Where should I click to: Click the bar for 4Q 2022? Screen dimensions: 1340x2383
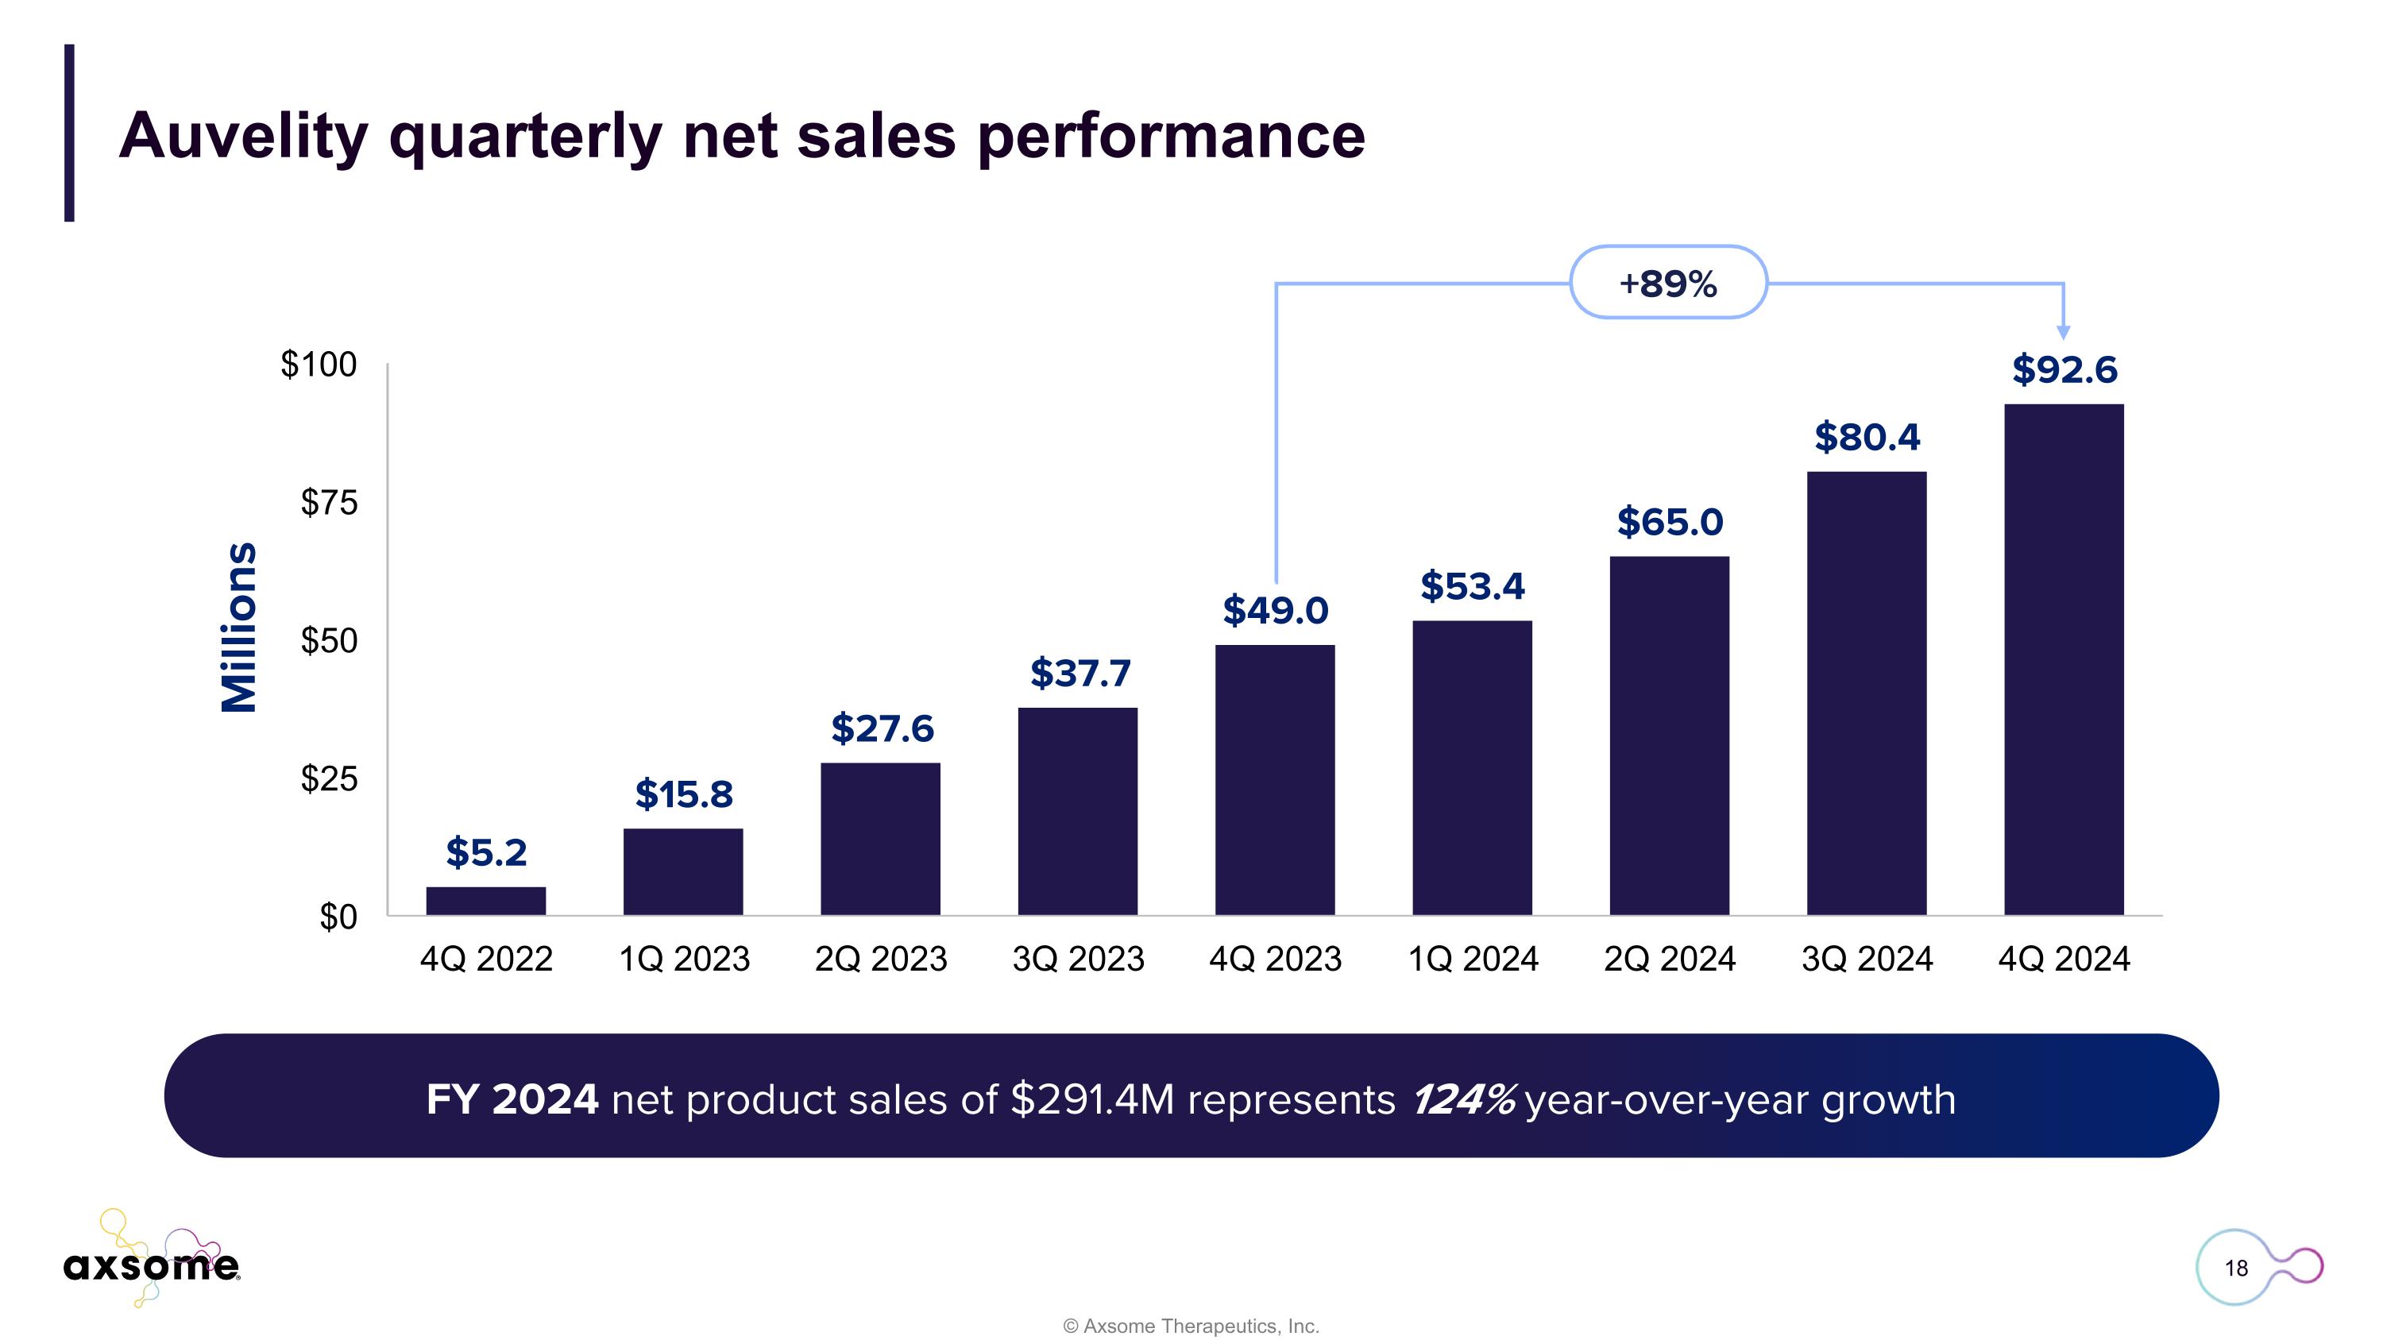click(x=485, y=901)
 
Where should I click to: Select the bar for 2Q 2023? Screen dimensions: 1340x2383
click(x=880, y=839)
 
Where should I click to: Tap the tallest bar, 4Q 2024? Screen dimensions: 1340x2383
click(x=2063, y=659)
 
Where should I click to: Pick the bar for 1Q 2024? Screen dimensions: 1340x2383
click(x=1472, y=767)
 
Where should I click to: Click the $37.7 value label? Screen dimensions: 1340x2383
click(x=1079, y=674)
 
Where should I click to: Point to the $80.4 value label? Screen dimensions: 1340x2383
click(x=1867, y=438)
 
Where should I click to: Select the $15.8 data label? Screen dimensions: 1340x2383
click(x=684, y=794)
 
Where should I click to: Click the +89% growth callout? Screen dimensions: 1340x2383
click(x=1668, y=283)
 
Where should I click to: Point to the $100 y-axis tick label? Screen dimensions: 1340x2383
click(x=319, y=365)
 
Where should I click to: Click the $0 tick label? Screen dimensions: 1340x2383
click(x=338, y=917)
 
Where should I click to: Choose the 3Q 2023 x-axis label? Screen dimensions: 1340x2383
click(x=1078, y=959)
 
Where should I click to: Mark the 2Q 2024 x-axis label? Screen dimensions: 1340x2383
click(x=1669, y=959)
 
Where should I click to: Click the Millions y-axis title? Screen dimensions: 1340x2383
click(x=238, y=627)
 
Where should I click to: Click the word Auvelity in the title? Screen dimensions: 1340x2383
click(x=243, y=136)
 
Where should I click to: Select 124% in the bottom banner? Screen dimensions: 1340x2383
click(x=1462, y=1099)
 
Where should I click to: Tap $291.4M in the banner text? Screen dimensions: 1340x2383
click(x=1091, y=1099)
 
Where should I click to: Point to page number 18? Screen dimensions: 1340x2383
click(x=2236, y=1268)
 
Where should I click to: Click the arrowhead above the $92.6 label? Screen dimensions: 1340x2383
click(x=2063, y=332)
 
